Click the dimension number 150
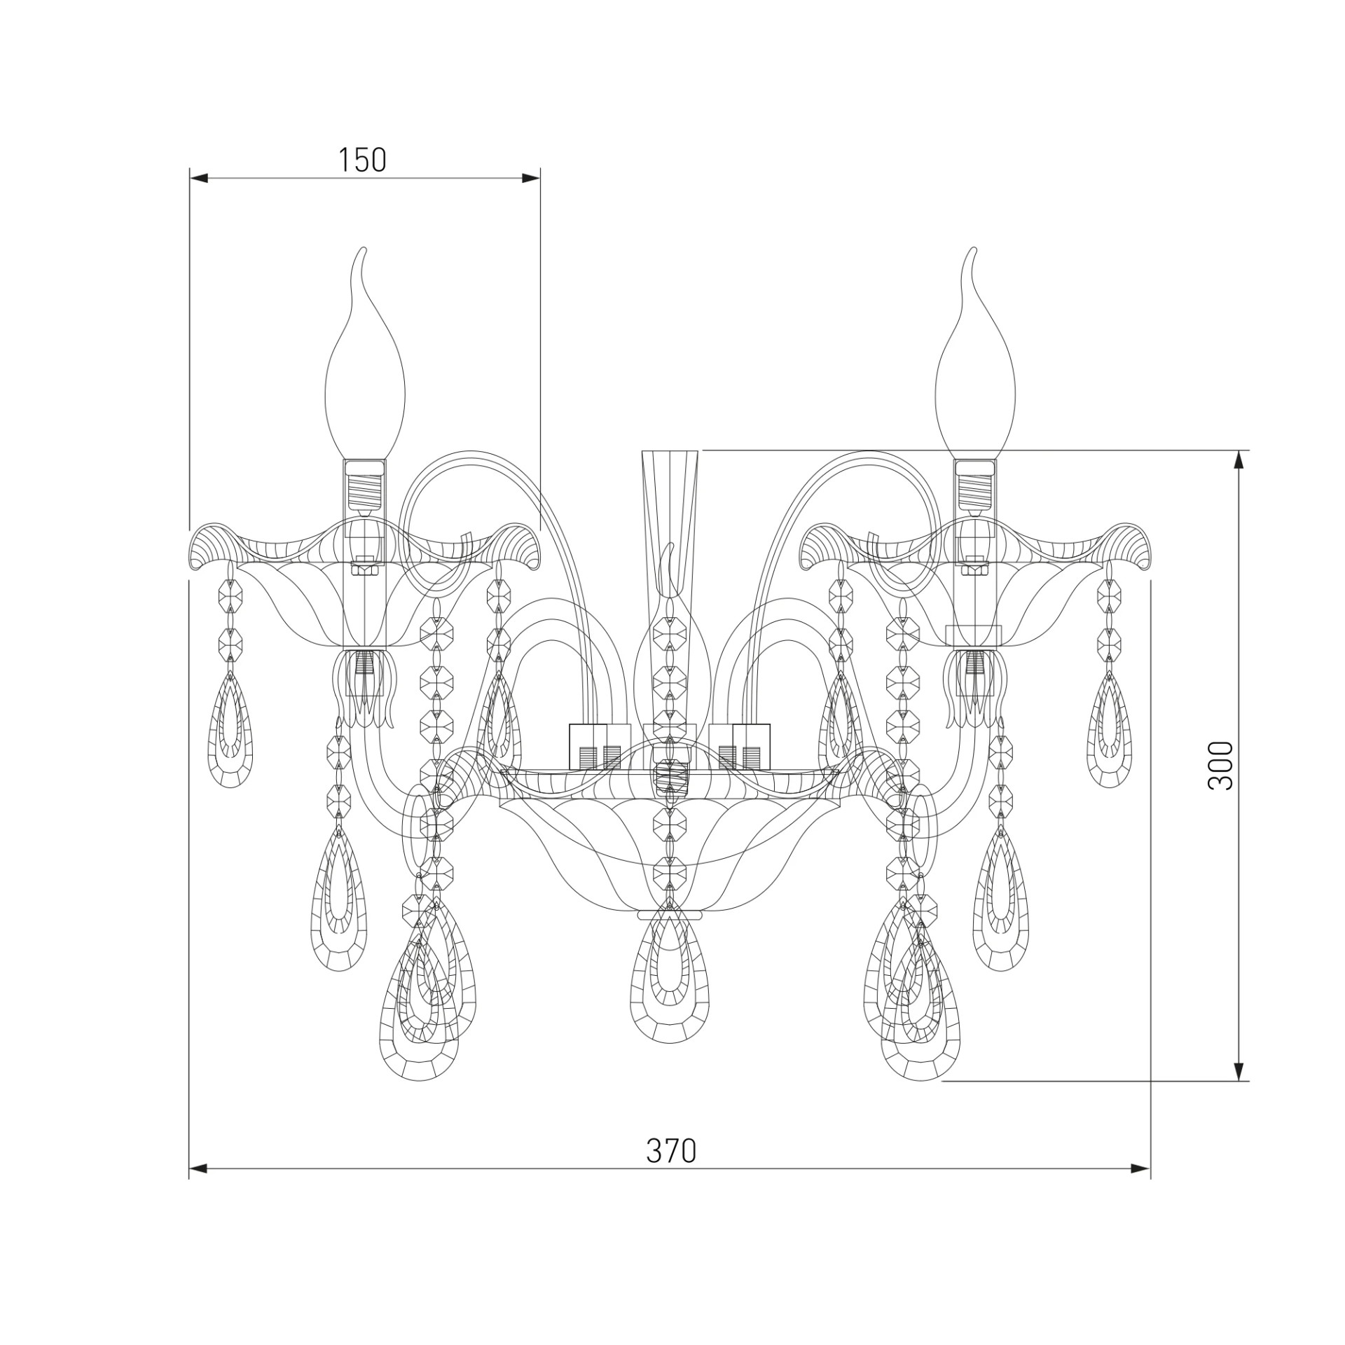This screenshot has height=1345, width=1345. [x=362, y=160]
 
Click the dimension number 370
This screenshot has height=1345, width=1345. [x=670, y=1150]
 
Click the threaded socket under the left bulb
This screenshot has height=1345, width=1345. [x=364, y=484]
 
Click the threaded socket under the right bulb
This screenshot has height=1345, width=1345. [x=974, y=484]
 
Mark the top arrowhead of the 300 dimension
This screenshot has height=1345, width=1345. [x=1239, y=460]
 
